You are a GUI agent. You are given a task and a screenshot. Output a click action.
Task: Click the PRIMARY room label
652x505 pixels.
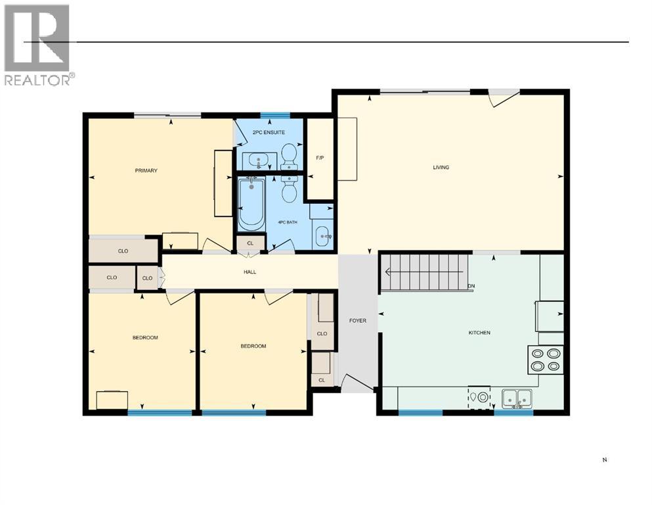(146, 171)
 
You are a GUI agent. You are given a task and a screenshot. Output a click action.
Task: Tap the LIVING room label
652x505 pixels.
(441, 167)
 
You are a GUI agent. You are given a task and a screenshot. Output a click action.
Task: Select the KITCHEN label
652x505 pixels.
(479, 333)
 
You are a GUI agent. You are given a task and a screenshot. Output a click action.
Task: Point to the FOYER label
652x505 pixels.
(357, 320)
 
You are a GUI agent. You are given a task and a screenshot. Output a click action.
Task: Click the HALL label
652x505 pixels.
(249, 272)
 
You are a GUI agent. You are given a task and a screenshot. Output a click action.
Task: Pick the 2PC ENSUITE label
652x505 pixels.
(269, 133)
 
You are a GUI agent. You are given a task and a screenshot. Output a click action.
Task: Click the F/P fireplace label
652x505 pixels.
(320, 158)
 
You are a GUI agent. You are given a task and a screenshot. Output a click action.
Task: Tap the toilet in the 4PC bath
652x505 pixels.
(290, 189)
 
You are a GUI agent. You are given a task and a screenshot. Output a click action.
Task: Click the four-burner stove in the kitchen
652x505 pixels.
(546, 359)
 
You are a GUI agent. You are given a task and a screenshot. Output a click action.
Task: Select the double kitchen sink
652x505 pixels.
(517, 398)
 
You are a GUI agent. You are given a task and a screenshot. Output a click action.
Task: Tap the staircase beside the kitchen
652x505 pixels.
(424, 271)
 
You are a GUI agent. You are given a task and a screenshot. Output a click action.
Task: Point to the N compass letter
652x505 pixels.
(603, 460)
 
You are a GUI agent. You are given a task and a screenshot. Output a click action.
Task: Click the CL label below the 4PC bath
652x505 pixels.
(250, 243)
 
